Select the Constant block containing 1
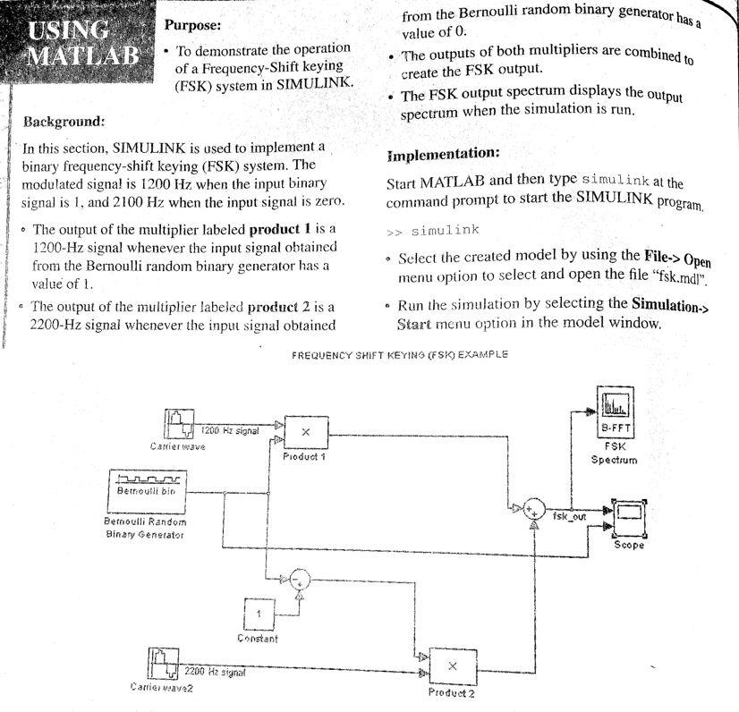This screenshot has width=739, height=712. coord(259,614)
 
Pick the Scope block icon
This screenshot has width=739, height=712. coord(627,516)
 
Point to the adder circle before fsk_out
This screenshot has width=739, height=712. coord(533,509)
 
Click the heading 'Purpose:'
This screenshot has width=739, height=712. coord(193,26)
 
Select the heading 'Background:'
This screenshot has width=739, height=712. coord(63,120)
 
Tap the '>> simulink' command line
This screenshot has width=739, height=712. coord(434,231)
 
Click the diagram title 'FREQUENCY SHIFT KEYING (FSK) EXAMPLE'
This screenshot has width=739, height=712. coord(400,354)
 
